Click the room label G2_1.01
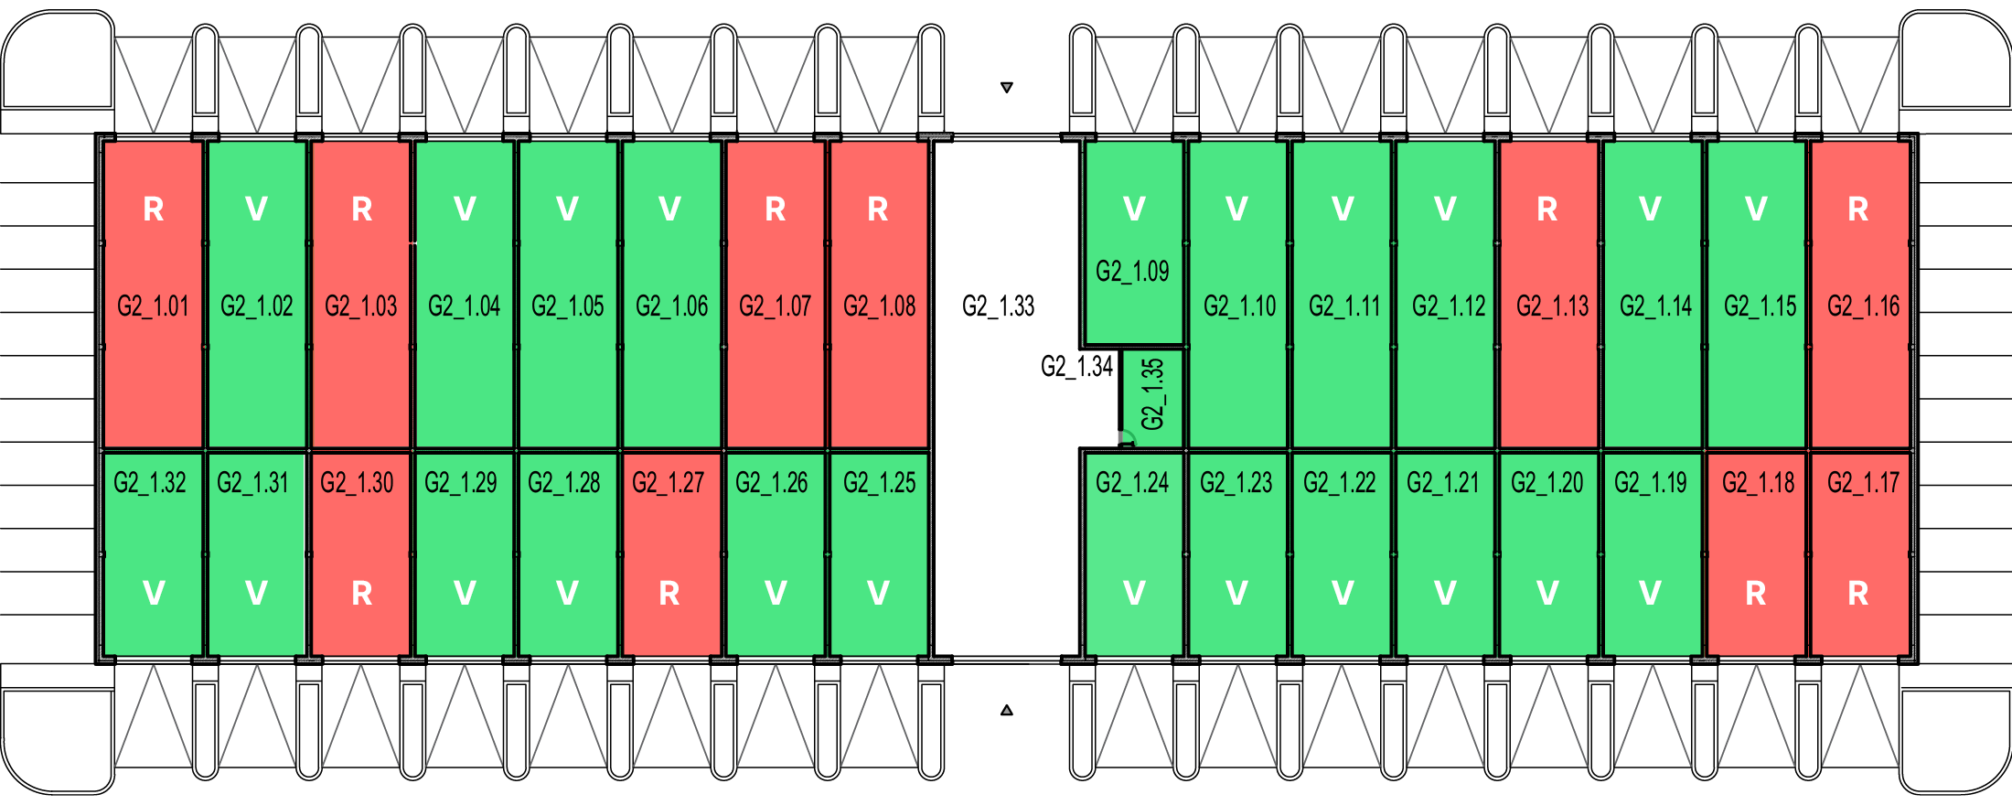[x=153, y=306]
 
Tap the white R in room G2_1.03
[x=362, y=209]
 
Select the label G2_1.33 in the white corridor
[x=998, y=306]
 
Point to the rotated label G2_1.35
[x=1153, y=394]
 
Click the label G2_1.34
[x=1076, y=367]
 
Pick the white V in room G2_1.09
[x=1134, y=209]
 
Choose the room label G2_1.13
[x=1552, y=306]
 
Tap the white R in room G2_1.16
[x=1858, y=209]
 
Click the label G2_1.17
[x=1863, y=482]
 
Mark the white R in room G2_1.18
[x=1756, y=594]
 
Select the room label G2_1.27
[x=669, y=482]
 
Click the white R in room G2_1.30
[x=362, y=594]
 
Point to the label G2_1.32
[x=150, y=482]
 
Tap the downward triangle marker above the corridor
[x=1007, y=88]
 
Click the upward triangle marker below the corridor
[x=1007, y=710]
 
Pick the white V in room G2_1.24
[x=1134, y=594]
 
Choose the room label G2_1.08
[x=879, y=306]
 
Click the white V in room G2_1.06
[x=669, y=209]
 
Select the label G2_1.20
[x=1546, y=482]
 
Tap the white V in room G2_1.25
[x=878, y=594]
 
